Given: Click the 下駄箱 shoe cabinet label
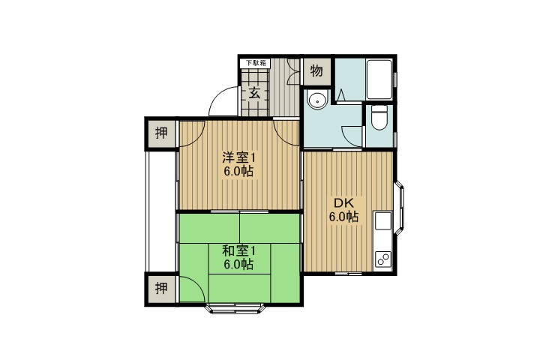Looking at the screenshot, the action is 256,63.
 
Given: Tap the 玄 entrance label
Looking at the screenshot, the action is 254,92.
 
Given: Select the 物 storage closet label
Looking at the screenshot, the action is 316,71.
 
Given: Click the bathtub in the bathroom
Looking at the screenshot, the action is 379,80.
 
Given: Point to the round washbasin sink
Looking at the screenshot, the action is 317,100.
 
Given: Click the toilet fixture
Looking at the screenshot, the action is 379,118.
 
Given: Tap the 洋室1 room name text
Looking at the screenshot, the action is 238,157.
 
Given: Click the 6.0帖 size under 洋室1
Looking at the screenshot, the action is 238,171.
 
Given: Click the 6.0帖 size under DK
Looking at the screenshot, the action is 343,217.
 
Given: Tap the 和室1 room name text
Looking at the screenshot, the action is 238,250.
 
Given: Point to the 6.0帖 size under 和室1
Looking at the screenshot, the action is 238,265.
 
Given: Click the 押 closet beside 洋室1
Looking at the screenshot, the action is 161,133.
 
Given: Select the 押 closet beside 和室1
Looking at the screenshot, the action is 161,288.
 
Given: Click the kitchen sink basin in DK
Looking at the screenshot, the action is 383,220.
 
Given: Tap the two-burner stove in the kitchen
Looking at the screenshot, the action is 383,259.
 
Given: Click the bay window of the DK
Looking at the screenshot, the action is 400,208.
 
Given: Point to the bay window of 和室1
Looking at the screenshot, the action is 235,309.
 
